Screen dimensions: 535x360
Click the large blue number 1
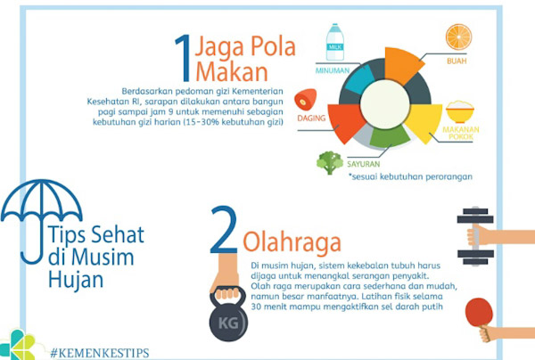183,58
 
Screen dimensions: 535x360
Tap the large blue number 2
224,229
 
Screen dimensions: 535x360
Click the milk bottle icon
334,42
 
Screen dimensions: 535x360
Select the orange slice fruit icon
458,37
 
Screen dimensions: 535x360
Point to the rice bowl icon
460,111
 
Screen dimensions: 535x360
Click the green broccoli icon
330,162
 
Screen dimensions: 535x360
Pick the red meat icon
305,99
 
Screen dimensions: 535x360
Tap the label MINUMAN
333,70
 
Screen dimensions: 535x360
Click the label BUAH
457,61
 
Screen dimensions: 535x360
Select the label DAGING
311,118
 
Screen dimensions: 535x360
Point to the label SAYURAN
364,164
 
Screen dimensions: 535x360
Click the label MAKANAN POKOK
461,133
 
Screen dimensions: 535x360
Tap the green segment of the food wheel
390,136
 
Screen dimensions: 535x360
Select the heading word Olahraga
292,242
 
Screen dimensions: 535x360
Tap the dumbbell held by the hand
475,236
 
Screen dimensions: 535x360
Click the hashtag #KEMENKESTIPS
100,353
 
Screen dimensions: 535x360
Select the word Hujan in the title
76,281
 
